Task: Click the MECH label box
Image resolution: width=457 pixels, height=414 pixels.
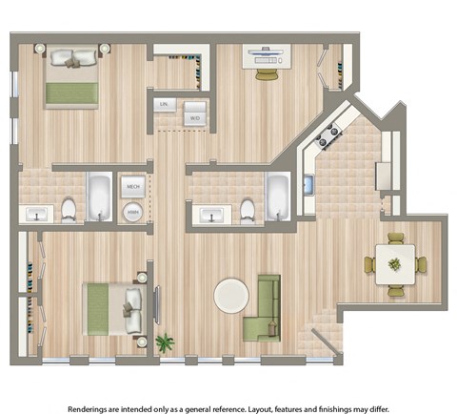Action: pyautogui.click(x=132, y=188)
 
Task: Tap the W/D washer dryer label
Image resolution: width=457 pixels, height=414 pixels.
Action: pyautogui.click(x=194, y=117)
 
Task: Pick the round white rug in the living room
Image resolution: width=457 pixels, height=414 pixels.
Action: pyautogui.click(x=233, y=296)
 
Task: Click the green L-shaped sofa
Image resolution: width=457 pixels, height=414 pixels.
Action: pyautogui.click(x=265, y=310)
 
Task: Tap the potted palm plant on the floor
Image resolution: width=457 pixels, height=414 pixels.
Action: pyautogui.click(x=167, y=341)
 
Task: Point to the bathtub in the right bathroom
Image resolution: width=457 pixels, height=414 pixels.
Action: pyautogui.click(x=278, y=197)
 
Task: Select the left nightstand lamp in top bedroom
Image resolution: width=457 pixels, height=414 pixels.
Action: pyautogui.click(x=39, y=48)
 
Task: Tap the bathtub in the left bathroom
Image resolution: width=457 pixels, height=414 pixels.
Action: pyautogui.click(x=99, y=198)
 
